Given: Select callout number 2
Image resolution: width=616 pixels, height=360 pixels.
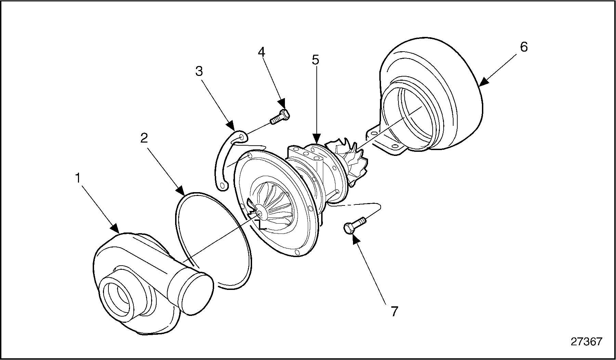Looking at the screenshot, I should click(144, 138).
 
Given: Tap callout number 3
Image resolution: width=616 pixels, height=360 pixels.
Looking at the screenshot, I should click(199, 72).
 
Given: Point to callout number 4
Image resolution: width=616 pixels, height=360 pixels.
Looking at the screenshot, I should click(261, 52).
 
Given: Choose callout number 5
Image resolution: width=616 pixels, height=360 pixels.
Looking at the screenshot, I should click(315, 60).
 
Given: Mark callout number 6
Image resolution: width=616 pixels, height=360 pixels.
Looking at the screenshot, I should click(524, 47).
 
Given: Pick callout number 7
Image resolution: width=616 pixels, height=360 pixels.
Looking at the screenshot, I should click(394, 311).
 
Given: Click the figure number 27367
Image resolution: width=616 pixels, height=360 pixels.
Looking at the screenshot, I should click(586, 342).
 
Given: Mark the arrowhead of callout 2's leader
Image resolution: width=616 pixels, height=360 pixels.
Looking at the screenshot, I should click(180, 191).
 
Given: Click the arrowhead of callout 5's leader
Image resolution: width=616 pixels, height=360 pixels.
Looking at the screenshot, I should click(316, 139).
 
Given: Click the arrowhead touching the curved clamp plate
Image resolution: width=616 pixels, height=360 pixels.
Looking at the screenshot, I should click(231, 126).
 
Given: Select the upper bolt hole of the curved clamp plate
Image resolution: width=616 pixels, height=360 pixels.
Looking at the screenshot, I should click(242, 137).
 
